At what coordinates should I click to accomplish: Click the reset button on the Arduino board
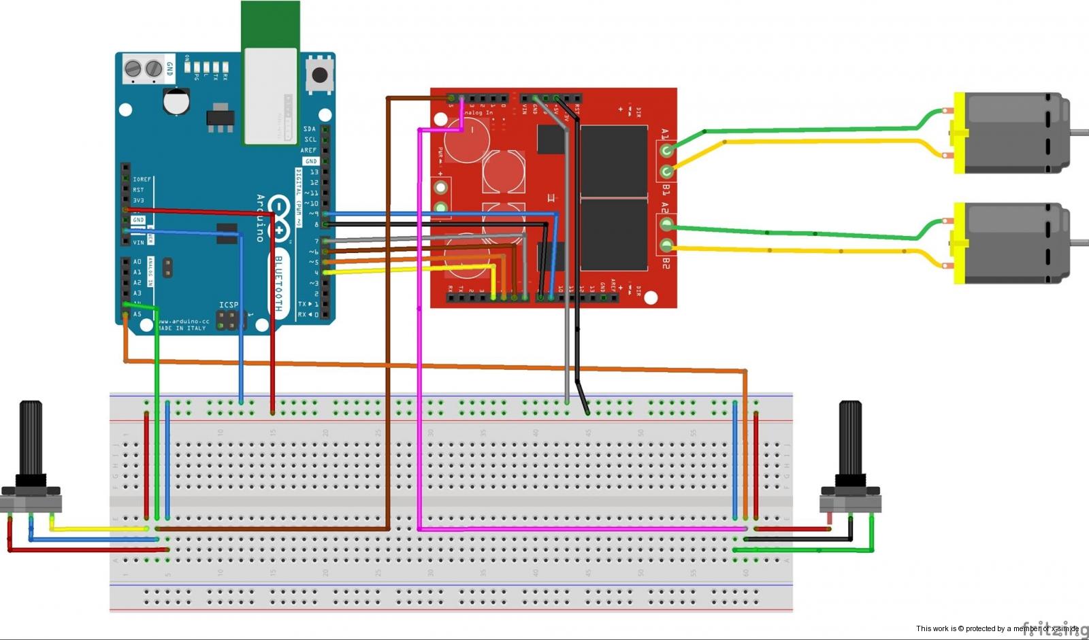click(x=319, y=75)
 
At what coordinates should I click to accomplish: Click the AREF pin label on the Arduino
click(x=308, y=150)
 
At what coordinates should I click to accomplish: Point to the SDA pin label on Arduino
click(x=310, y=129)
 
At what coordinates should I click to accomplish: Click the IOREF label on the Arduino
click(x=142, y=180)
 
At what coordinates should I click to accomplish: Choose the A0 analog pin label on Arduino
click(x=137, y=261)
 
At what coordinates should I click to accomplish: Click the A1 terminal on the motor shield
click(x=667, y=150)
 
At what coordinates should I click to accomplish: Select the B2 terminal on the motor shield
click(x=667, y=246)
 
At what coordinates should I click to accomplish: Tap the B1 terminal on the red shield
click(x=667, y=172)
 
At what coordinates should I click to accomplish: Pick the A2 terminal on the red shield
click(x=667, y=223)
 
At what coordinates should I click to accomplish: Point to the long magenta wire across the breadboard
click(x=579, y=528)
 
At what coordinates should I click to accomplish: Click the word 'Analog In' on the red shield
click(x=478, y=113)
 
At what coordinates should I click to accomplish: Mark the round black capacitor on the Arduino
click(x=176, y=101)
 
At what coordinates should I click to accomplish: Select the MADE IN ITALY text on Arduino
click(x=182, y=329)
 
